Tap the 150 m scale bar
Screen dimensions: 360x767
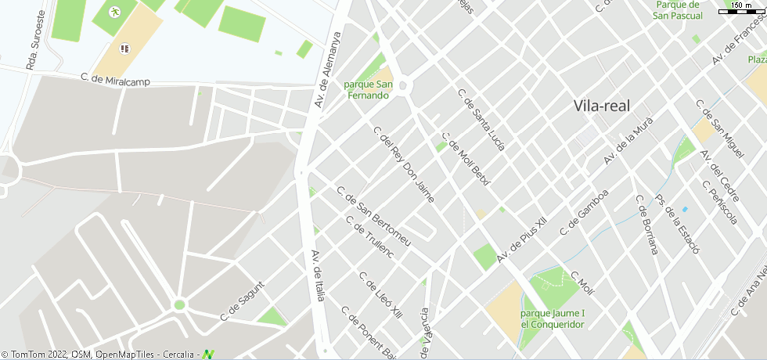pos(740,9)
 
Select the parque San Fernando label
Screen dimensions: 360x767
pos(368,90)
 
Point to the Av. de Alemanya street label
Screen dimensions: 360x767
pos(329,69)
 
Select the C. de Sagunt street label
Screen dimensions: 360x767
pos(243,301)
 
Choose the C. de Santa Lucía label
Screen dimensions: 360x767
pos(481,120)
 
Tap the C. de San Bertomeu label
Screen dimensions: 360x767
pos(373,216)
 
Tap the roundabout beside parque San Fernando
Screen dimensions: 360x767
pos(402,86)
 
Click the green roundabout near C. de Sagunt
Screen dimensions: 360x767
pos(179,304)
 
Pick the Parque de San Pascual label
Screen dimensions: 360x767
pos(677,10)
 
